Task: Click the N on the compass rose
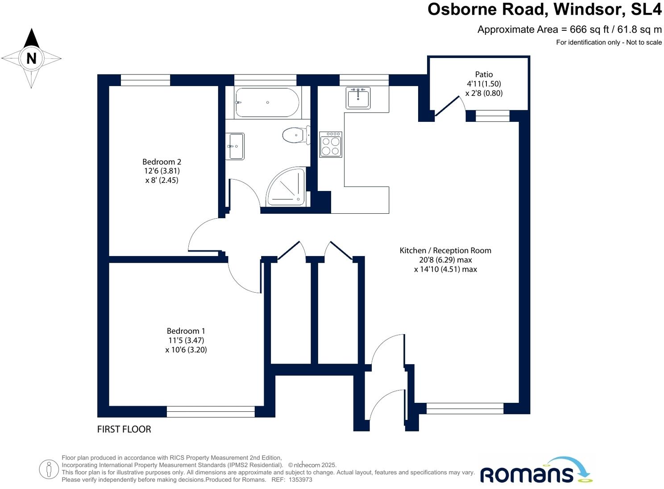click(x=31, y=58)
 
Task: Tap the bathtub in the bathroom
click(x=267, y=103)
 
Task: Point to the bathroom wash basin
click(x=235, y=146)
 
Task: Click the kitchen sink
click(x=358, y=98)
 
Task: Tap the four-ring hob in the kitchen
click(x=331, y=145)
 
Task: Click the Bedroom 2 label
click(x=162, y=162)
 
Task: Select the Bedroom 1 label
click(x=186, y=331)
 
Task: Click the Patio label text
click(x=484, y=75)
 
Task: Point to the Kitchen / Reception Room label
click(x=445, y=251)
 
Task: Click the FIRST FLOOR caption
click(x=124, y=429)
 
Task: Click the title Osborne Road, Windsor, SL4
click(x=544, y=9)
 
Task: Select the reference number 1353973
click(x=300, y=480)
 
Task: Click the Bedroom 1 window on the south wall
click(x=211, y=411)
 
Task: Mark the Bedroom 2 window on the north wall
click(x=145, y=80)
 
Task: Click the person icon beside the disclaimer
click(x=49, y=469)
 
